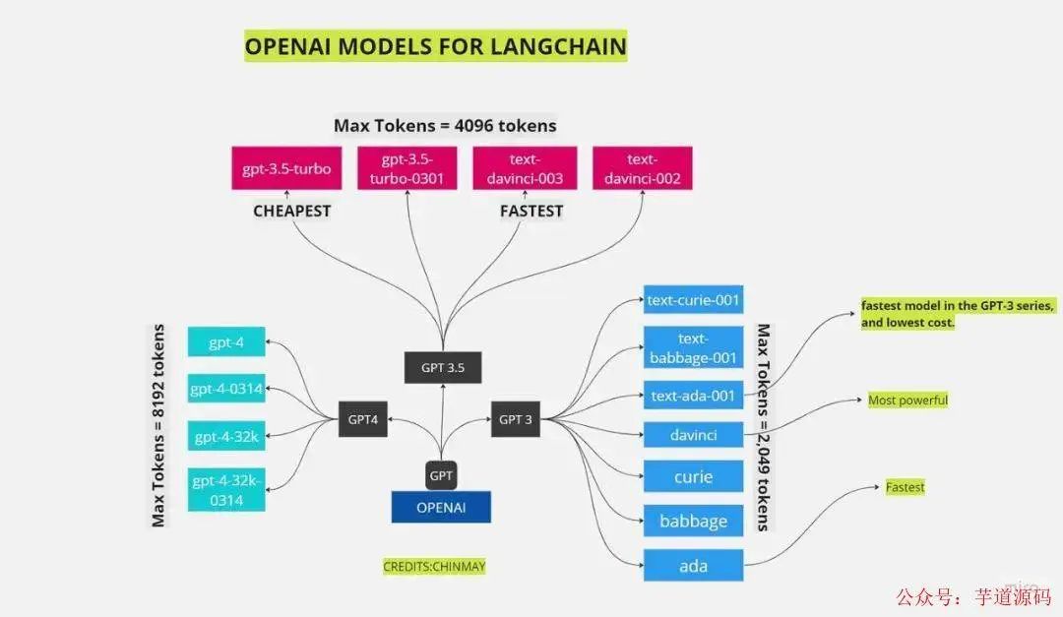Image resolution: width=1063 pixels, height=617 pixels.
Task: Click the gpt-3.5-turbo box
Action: (x=286, y=168)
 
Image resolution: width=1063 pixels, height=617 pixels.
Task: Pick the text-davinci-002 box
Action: (x=642, y=168)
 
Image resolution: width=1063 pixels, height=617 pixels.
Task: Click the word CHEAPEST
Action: (x=292, y=211)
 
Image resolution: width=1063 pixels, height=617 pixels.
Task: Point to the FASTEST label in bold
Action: (x=531, y=211)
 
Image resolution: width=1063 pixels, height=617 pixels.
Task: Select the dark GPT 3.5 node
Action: (x=443, y=367)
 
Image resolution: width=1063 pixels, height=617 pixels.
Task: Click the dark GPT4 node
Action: (x=362, y=419)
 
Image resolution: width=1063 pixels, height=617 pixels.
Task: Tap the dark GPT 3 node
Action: (x=516, y=419)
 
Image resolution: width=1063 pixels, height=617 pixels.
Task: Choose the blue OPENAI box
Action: (x=441, y=507)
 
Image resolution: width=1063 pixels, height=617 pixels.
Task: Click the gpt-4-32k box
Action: (x=226, y=436)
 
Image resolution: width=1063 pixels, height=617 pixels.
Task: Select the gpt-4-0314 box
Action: (x=226, y=389)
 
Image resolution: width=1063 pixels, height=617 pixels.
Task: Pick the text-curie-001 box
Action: (x=693, y=298)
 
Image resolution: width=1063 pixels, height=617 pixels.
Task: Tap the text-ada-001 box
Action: (x=693, y=396)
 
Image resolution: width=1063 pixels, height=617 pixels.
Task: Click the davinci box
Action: (x=693, y=434)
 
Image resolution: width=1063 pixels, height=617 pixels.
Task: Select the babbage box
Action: (x=693, y=521)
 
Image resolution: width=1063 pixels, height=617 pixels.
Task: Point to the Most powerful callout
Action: (x=907, y=401)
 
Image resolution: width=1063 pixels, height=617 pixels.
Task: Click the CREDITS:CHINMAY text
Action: (x=434, y=567)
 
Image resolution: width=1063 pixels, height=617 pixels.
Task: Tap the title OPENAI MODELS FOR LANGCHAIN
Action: (x=435, y=46)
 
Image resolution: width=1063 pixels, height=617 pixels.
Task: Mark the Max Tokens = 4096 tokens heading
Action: (x=445, y=126)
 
